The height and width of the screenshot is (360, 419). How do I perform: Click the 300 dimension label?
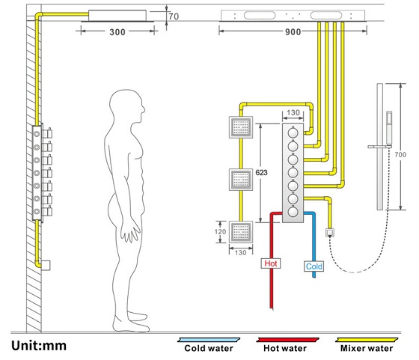click(x=117, y=32)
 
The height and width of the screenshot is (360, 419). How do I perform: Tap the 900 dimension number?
click(x=293, y=32)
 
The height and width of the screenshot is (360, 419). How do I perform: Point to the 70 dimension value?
click(x=174, y=16)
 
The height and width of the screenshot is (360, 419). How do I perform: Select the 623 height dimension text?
click(x=261, y=173)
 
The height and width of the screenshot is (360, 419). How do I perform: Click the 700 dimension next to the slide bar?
click(x=400, y=155)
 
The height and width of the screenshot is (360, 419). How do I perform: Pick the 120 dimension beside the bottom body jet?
click(x=220, y=232)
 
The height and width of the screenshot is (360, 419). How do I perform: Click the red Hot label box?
click(x=271, y=263)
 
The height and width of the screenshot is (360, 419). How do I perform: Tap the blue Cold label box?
click(x=314, y=266)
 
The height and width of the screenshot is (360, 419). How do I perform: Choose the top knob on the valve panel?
click(x=293, y=132)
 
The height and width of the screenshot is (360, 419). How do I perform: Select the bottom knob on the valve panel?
click(x=293, y=212)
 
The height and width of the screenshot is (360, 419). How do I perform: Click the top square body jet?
click(x=241, y=127)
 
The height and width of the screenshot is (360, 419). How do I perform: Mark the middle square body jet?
click(x=241, y=180)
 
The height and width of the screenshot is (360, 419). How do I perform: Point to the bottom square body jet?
click(x=241, y=232)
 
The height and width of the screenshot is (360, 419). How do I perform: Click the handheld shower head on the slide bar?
click(x=389, y=128)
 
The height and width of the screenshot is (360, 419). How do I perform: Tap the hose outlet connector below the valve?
click(x=330, y=233)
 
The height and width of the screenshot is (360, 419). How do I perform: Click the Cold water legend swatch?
click(x=209, y=340)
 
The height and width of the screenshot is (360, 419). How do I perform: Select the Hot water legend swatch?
click(x=287, y=340)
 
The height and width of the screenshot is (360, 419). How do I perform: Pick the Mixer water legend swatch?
click(x=367, y=340)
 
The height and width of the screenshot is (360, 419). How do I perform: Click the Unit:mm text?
click(x=39, y=346)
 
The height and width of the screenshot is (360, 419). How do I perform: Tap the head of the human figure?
click(x=127, y=106)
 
